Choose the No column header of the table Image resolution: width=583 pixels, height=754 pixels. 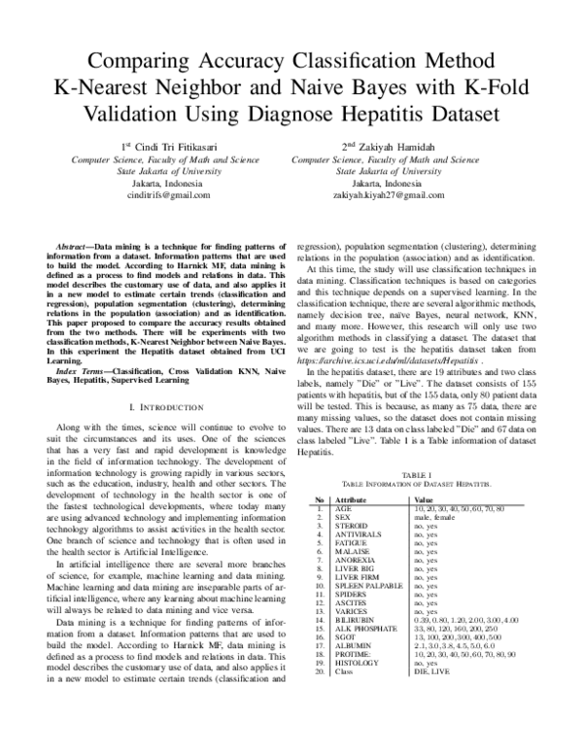pos(317,498)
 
